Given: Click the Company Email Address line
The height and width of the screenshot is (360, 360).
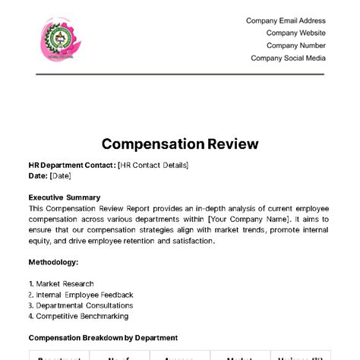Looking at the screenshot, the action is click(286, 21).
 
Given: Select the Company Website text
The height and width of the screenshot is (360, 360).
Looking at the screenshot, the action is click(295, 33).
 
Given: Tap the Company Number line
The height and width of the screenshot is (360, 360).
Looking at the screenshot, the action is click(295, 46).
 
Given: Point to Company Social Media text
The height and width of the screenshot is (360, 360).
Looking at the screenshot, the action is click(288, 58).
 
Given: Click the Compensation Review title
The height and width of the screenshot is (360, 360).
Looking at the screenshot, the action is click(180, 144).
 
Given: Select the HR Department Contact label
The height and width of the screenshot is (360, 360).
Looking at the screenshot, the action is click(72, 165).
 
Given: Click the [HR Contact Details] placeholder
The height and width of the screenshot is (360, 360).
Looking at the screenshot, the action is click(153, 165).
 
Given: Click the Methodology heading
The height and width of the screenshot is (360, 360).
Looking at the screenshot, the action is click(53, 262).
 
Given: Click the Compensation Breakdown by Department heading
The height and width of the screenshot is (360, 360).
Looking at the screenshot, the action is click(103, 337).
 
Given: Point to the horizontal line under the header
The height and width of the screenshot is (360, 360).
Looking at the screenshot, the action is click(180, 74).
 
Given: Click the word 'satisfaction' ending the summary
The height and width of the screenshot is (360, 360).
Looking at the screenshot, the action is click(192, 241).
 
